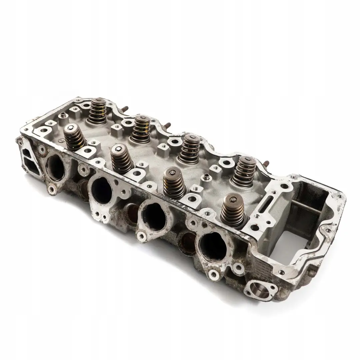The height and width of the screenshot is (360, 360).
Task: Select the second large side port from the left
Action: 101,190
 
